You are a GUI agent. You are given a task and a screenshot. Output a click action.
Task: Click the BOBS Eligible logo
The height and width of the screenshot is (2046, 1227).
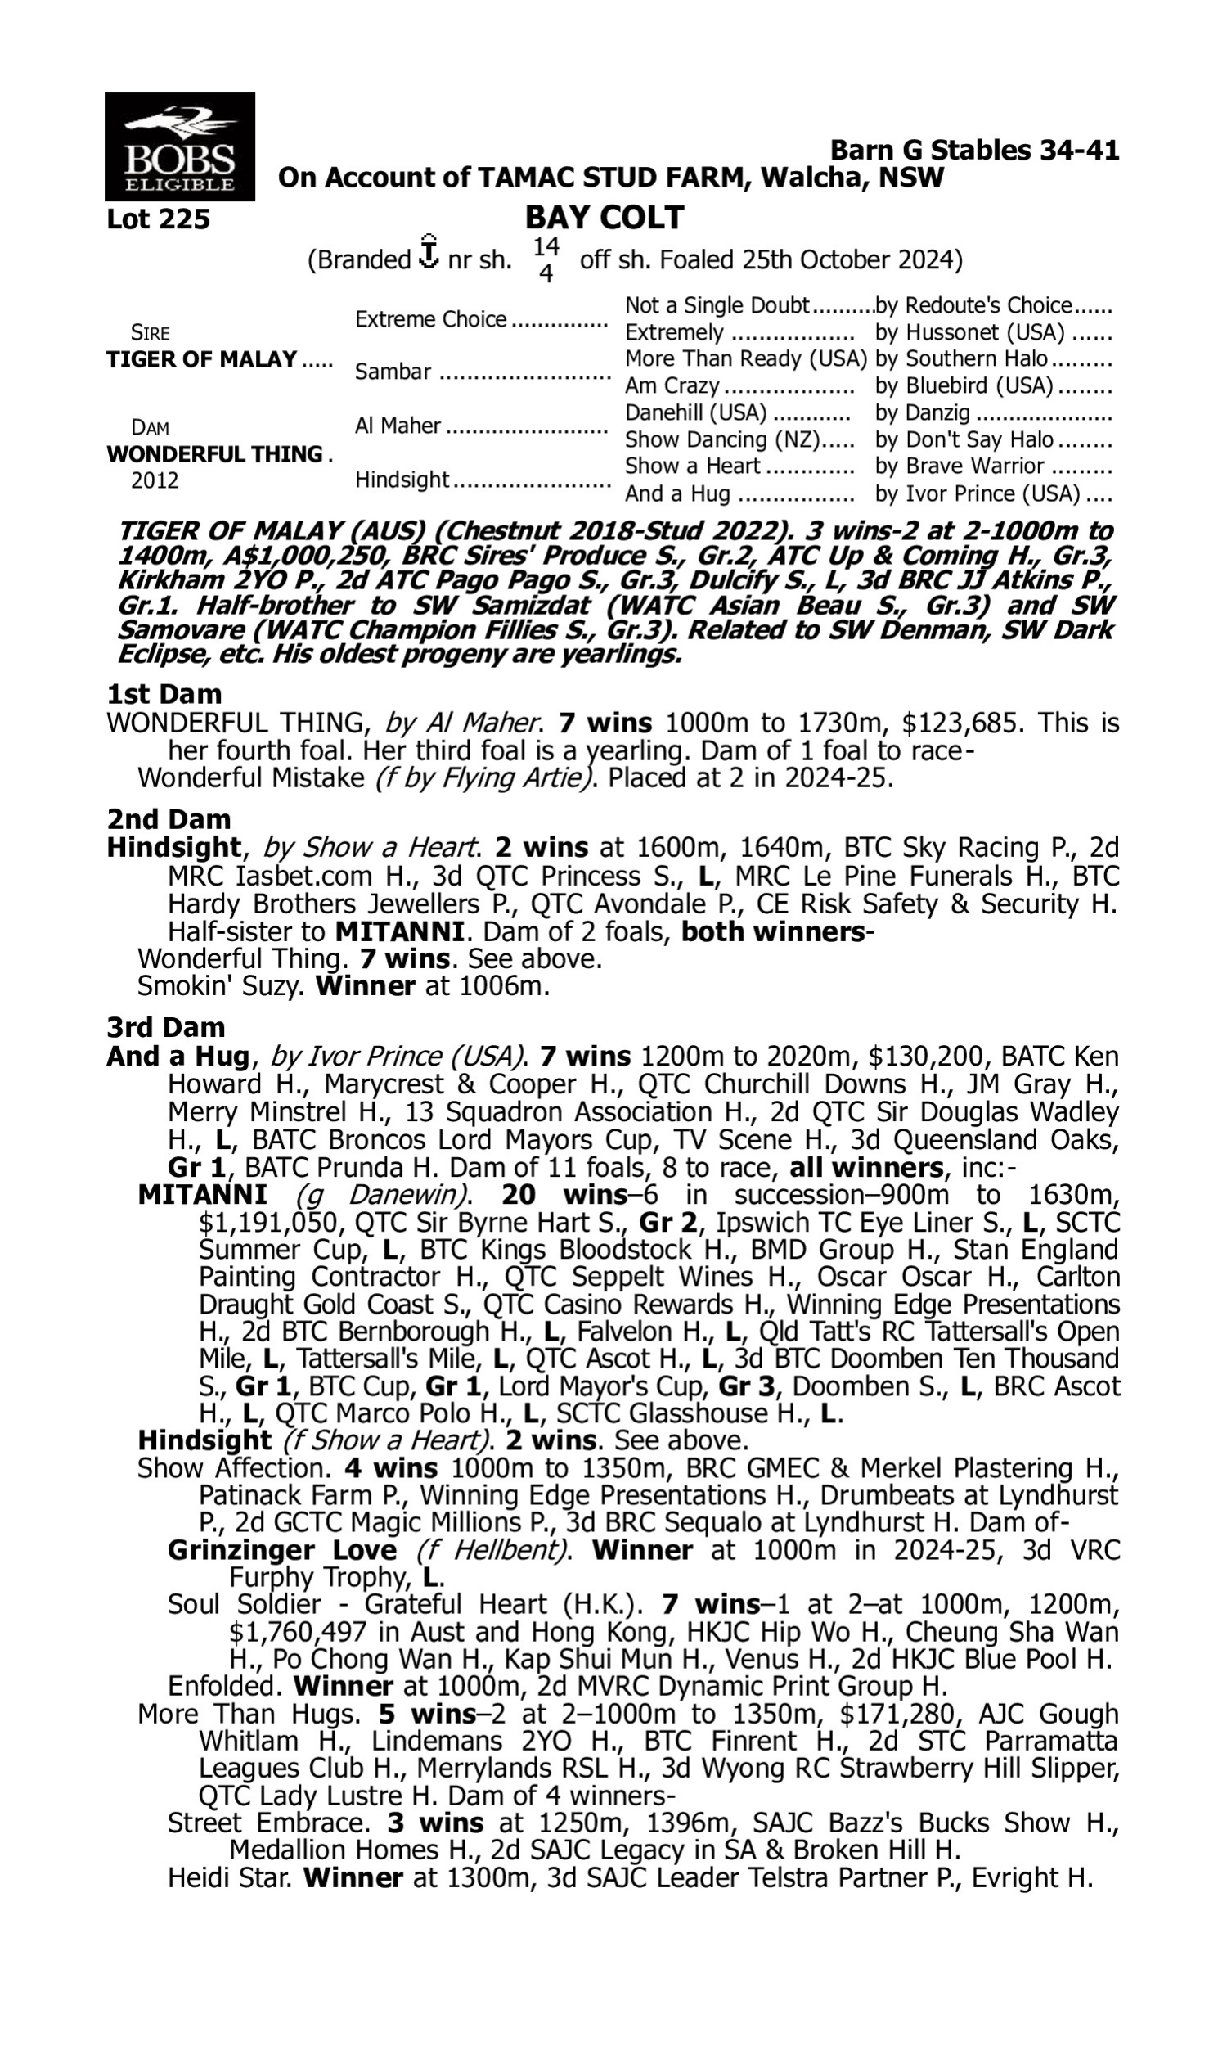click(179, 146)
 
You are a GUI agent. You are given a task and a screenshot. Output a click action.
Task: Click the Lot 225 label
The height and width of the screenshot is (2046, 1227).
click(158, 219)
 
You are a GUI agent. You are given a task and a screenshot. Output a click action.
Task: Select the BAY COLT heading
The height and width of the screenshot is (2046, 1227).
click(604, 218)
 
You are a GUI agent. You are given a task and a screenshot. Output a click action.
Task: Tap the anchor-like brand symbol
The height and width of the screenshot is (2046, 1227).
click(429, 252)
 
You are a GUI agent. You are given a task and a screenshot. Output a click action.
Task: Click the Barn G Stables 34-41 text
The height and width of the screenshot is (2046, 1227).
click(974, 151)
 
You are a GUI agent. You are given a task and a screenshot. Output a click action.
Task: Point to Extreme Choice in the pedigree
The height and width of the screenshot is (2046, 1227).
click(430, 319)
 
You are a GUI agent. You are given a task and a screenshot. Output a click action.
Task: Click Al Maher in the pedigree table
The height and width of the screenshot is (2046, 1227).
click(398, 426)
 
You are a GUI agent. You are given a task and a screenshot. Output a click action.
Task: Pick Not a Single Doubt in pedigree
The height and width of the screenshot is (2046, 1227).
click(716, 305)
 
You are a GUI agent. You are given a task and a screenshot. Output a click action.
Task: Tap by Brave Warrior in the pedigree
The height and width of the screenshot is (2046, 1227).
click(960, 466)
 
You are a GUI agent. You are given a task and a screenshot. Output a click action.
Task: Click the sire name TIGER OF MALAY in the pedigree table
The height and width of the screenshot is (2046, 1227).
click(202, 359)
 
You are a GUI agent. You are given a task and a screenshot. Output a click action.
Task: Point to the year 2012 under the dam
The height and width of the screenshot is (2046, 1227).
click(155, 480)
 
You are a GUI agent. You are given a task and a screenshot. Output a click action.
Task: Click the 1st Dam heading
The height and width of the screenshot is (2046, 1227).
click(164, 693)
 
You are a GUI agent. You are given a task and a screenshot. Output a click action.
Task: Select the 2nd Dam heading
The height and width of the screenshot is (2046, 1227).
click(169, 818)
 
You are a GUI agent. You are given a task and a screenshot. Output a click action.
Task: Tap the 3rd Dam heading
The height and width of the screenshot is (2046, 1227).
click(165, 1027)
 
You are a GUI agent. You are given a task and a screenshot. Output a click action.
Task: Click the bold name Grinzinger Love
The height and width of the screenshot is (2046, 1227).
click(282, 1550)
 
